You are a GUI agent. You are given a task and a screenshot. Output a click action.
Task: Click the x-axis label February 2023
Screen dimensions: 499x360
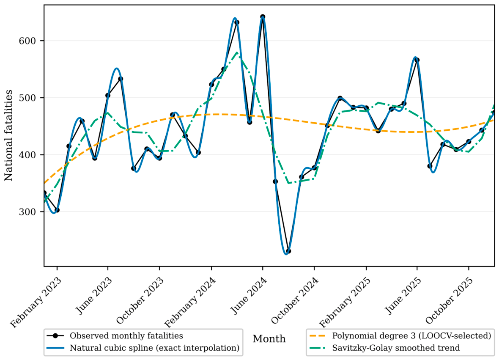coord(36,302)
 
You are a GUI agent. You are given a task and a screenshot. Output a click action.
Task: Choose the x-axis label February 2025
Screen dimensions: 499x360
coord(345,302)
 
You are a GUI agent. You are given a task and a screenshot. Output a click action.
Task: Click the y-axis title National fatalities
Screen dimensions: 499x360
coord(8,136)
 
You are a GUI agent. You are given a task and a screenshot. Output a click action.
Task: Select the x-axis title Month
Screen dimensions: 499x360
coord(269,339)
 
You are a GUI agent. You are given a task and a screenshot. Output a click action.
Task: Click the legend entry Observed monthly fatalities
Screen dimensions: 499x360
coord(115,336)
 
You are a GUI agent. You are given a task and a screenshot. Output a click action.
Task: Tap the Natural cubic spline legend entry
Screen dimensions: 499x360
coord(143,348)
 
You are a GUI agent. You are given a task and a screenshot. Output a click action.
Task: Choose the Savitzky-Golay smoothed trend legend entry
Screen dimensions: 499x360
coord(384,348)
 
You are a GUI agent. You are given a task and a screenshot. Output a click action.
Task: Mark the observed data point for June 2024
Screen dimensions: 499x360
coord(263,16)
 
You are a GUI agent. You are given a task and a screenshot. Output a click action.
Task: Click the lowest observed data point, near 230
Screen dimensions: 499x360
coord(288,251)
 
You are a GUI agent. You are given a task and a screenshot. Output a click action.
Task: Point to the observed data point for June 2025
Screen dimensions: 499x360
coord(417,60)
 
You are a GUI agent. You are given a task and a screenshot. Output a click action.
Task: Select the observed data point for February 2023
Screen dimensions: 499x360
coord(57,210)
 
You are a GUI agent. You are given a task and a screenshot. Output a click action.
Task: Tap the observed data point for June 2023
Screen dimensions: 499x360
coord(108,96)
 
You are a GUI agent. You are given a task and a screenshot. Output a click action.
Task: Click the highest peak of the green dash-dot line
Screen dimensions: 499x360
coord(237,52)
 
